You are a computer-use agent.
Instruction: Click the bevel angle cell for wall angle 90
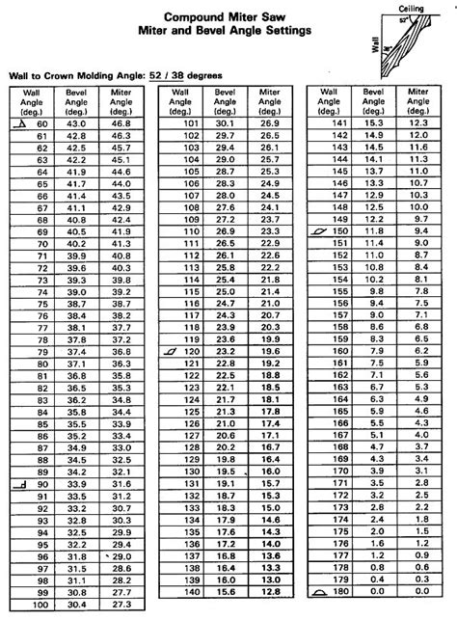pos(75,483)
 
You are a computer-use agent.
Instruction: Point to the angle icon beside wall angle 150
pos(320,232)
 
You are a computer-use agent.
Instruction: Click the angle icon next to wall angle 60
pos(20,123)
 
